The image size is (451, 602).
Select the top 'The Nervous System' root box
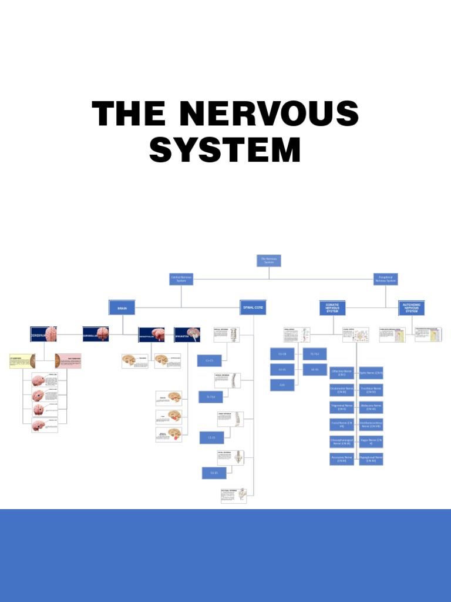tap(269, 260)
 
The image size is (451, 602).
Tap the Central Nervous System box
tap(181, 279)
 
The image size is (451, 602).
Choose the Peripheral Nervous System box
tap(386, 279)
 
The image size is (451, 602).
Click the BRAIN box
tap(122, 307)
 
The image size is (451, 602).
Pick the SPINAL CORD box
tap(253, 307)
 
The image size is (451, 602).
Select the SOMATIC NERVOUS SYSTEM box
tap(332, 308)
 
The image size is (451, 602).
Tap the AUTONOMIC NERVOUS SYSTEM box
tap(411, 308)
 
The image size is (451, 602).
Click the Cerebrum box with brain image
tap(43, 335)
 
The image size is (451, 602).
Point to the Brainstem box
tap(187, 335)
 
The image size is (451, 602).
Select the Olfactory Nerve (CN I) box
tap(342, 373)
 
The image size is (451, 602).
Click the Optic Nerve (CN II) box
tap(371, 373)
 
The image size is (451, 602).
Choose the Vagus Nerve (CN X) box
tap(371, 442)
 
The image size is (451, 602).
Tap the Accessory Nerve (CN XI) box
tap(342, 459)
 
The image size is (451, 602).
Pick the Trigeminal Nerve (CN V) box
tap(342, 407)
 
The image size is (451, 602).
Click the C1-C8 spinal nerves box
tap(282, 353)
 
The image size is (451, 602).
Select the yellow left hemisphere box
tap(22, 361)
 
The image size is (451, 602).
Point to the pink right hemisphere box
tap(68, 361)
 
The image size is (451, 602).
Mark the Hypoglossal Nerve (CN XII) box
tap(371, 459)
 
